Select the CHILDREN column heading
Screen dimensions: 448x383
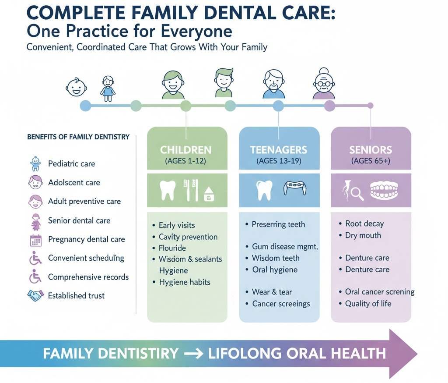(185, 150)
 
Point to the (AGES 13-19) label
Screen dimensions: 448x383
(279, 161)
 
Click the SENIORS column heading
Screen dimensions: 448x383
(371, 150)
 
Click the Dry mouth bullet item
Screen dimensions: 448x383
(363, 235)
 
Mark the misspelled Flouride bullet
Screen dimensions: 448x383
(172, 248)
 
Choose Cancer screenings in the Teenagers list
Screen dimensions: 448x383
(281, 304)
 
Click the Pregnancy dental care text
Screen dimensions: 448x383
(86, 239)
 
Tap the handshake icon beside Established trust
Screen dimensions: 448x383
(35, 295)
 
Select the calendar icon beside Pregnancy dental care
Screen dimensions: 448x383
(35, 240)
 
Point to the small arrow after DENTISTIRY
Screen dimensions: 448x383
(193, 353)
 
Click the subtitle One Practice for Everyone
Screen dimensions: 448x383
(129, 32)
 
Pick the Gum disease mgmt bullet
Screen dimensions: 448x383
(285, 247)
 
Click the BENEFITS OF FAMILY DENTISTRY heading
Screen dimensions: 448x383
(78, 137)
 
